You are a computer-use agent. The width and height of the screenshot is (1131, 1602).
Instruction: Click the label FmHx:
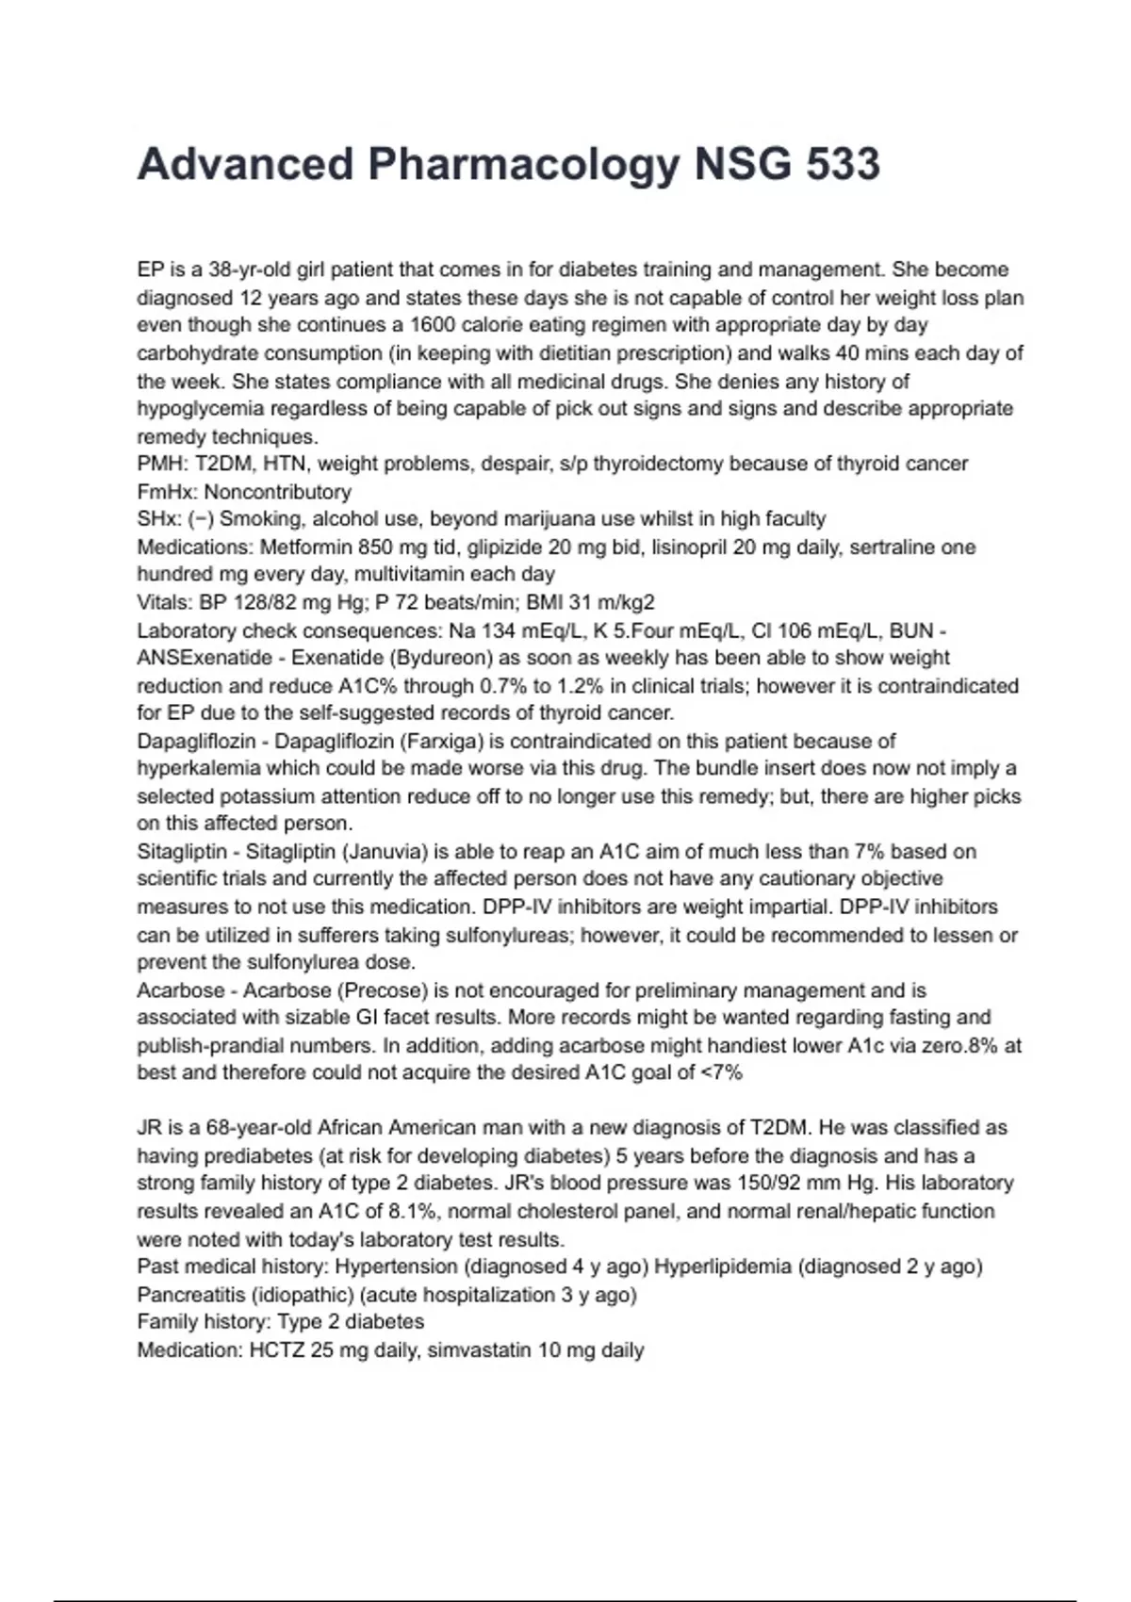coord(168,492)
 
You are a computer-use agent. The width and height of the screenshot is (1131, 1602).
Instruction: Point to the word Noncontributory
coord(277,492)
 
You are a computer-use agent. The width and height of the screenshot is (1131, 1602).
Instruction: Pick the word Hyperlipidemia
coord(723,1267)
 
